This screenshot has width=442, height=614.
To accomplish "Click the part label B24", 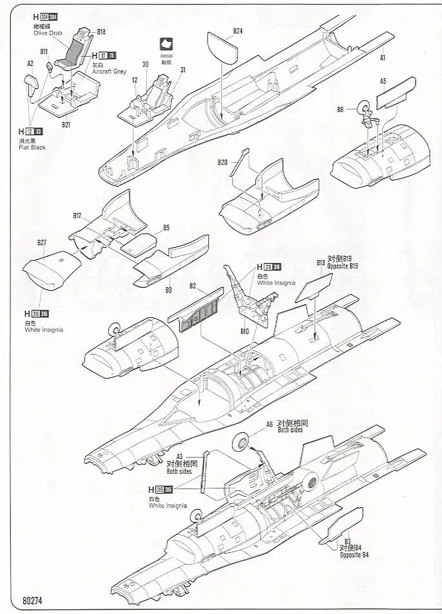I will point(238,30).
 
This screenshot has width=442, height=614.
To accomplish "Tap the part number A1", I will point(383,57).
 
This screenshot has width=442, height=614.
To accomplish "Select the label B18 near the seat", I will point(101,31).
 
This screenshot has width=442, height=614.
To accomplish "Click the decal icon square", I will point(167,45).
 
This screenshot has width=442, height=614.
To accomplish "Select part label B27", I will point(42,243).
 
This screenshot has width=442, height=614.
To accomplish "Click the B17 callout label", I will point(77,215).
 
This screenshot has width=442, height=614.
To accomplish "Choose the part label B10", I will point(244,331).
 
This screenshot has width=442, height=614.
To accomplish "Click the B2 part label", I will point(192,286).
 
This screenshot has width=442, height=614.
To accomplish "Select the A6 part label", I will point(270,424).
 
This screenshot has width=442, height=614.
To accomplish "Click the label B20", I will point(222,162).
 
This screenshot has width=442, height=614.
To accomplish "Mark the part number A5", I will point(383,81).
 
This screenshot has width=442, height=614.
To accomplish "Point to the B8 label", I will point(340,109).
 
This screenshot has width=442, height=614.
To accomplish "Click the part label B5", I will point(166,227).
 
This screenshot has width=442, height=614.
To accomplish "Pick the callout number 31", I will point(183,70).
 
